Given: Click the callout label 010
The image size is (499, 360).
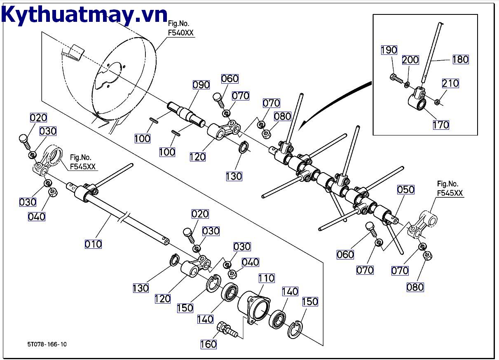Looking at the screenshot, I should pyautogui.click(x=93, y=244).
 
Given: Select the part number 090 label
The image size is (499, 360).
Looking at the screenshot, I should pyautogui.click(x=201, y=85).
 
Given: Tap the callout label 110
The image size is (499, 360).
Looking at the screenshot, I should pyautogui.click(x=266, y=278).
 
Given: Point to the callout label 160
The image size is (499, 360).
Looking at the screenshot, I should pyautogui.click(x=209, y=344).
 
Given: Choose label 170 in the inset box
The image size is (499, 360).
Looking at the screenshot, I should pyautogui.click(x=440, y=124).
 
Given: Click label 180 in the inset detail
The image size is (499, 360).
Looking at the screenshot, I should pyautogui.click(x=460, y=59).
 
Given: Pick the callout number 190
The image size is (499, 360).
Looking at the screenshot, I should pyautogui.click(x=389, y=50).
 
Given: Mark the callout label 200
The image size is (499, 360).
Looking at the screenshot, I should pyautogui.click(x=410, y=60).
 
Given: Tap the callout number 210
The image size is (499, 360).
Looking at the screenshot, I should pyautogui.click(x=450, y=83).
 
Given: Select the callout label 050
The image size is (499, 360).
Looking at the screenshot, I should pyautogui.click(x=405, y=189).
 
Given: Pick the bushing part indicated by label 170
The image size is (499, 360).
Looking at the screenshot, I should pyautogui.click(x=417, y=101).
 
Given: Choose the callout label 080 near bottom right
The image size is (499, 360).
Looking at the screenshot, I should pyautogui.click(x=415, y=287).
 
